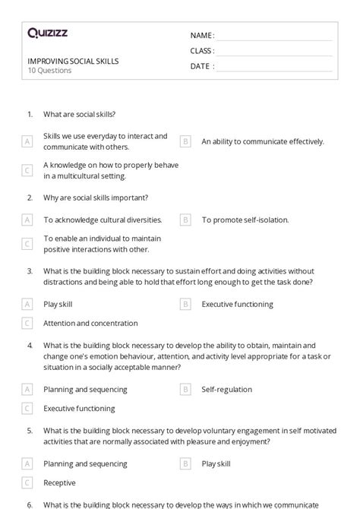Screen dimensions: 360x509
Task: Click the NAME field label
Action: (201, 35)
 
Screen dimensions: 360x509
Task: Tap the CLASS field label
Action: (202, 51)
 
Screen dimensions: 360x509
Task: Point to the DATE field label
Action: (201, 66)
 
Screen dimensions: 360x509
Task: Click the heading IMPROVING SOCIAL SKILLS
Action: (73, 61)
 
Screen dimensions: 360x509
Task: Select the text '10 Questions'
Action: (49, 71)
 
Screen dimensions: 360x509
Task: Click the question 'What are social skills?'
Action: (79, 115)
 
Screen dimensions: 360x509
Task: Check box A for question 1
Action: (27, 141)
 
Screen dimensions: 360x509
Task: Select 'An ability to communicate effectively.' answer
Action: (262, 141)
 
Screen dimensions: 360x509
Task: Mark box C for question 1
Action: (27, 170)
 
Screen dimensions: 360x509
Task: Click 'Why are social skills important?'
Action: (96, 198)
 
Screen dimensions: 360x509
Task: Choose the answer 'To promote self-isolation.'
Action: (245, 220)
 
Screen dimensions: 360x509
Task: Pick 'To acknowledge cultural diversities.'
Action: (103, 220)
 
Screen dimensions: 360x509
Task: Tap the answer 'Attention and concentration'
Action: (90, 323)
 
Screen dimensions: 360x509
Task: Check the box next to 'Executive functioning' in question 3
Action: (185, 304)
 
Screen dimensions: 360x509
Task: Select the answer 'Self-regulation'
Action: (226, 389)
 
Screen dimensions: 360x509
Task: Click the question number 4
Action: (30, 345)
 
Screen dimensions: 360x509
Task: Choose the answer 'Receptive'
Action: (59, 482)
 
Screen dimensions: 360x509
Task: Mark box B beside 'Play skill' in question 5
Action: (185, 463)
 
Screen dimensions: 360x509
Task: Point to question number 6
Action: (30, 504)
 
